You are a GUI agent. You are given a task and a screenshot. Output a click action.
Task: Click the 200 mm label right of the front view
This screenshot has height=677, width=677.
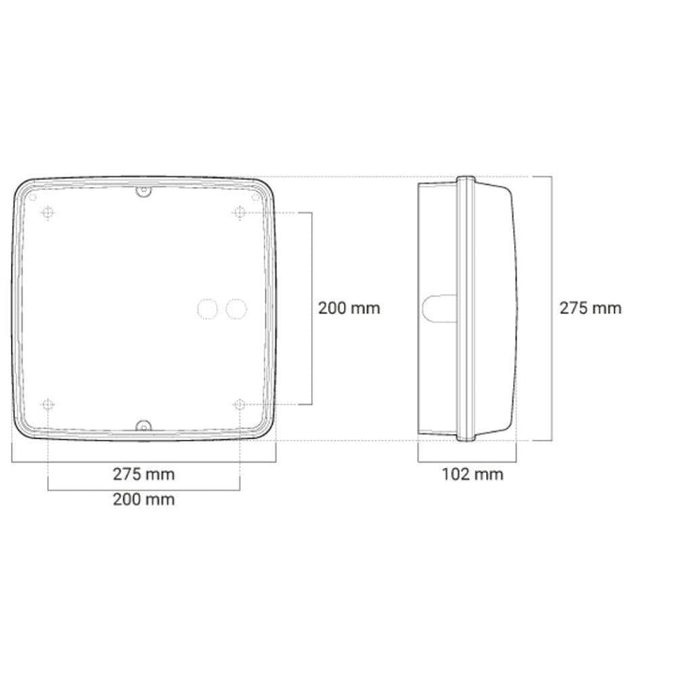pos(350,307)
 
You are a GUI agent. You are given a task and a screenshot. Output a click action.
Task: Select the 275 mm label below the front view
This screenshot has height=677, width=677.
pos(144,474)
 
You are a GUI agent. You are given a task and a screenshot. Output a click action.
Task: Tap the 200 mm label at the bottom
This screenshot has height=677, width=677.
pos(144,499)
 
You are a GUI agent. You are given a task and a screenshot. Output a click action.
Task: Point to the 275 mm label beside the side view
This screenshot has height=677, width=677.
pos(590,307)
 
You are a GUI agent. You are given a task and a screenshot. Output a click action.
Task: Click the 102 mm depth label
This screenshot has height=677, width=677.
pos(472,474)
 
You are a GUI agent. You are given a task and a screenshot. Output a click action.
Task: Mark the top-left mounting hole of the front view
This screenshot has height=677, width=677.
pos(47,213)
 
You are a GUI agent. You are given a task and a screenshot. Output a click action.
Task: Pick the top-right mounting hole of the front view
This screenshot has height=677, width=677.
pos(240,213)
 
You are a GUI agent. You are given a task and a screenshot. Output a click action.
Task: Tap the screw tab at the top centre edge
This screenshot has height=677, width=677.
pos(143,192)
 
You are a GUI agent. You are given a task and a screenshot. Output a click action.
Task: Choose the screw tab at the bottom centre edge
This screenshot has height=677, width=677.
pos(143,426)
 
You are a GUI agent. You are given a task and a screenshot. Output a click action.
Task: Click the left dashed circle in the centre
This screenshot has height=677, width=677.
pos(206,307)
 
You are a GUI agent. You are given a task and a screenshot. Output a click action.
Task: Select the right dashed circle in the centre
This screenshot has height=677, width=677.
pos(236,307)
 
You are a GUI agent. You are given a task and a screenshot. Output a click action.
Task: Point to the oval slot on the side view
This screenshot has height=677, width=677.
pos(436,307)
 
